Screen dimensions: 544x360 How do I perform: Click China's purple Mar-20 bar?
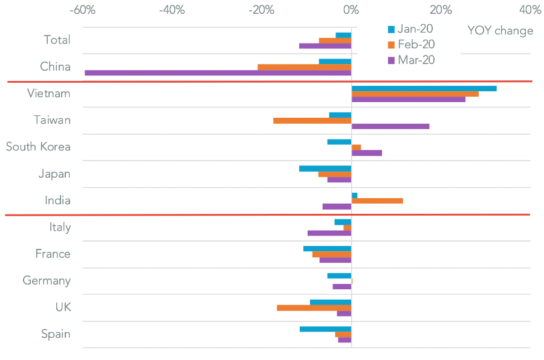tap(218, 73)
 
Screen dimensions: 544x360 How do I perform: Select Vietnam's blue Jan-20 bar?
tap(424, 88)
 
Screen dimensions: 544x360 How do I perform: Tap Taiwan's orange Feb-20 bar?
tap(312, 121)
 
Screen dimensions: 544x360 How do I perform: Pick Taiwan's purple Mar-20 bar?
tap(390, 126)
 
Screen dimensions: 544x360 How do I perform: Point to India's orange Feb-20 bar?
tap(377, 201)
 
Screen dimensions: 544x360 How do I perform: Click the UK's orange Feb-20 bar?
tap(314, 307)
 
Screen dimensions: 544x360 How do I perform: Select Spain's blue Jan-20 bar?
tap(325, 329)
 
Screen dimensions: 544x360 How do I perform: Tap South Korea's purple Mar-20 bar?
tap(367, 153)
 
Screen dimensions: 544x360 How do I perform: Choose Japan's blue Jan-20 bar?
tap(325, 169)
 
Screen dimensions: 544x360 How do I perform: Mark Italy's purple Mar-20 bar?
tap(329, 233)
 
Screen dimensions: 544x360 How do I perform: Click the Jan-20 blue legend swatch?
tap(391, 30)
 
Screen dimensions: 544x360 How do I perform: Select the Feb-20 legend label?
tap(416, 44)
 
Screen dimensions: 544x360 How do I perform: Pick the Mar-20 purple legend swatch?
tap(391, 60)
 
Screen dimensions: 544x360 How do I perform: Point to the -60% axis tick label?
tap(83, 10)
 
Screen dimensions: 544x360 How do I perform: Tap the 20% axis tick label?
tap(441, 10)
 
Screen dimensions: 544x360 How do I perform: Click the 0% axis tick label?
tap(351, 10)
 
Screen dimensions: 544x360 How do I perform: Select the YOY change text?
tap(500, 31)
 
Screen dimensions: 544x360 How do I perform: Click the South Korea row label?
tap(38, 147)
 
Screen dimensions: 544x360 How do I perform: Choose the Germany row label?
tap(47, 281)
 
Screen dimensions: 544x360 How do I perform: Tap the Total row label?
tap(57, 40)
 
